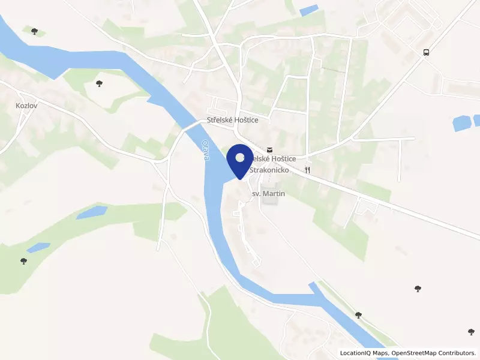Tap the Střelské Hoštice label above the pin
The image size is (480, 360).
coord(232,121)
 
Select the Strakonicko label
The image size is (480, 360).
coord(270,170)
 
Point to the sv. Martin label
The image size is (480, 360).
coord(268,194)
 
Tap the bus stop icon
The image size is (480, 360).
coord(426,52)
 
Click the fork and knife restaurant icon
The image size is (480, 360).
coord(308,170)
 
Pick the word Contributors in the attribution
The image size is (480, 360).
coord(459,353)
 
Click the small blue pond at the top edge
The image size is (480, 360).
coord(308,10)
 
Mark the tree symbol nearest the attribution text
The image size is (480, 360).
coord(472,332)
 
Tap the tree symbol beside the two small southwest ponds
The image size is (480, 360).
coord(23,261)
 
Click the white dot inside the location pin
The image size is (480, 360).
coord(241,158)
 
